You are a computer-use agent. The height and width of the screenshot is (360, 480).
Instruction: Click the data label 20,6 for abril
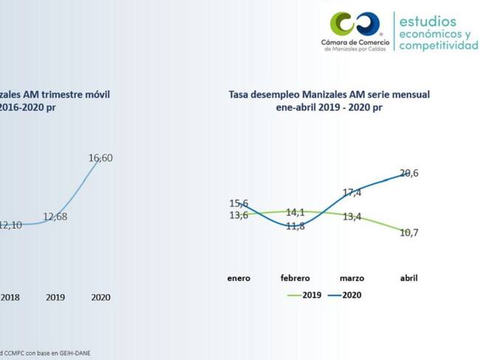pos(408,173)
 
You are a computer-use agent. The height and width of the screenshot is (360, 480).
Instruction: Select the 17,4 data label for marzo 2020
pos(352,193)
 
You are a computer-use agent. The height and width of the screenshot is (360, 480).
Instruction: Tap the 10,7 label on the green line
pos(408,232)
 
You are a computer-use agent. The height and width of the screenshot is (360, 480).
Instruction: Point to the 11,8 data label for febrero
pos(295,226)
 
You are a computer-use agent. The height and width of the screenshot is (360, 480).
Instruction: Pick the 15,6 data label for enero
pos(239,203)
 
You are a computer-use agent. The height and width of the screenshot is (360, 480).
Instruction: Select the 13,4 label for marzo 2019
pos(352,217)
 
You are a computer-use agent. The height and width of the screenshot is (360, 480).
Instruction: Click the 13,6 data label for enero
pos(239,215)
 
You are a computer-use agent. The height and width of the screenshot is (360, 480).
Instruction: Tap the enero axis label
pos(239,278)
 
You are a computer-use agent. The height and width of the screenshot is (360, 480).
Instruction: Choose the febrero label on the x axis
pos(295,278)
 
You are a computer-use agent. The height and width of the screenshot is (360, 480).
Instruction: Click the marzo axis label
pos(352,278)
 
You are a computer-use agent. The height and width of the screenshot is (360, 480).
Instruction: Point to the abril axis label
pos(408,278)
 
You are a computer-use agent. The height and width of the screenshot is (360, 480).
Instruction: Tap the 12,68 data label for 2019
pos(55,216)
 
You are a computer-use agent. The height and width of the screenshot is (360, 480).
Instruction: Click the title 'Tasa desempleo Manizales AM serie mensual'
pos(329,94)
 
